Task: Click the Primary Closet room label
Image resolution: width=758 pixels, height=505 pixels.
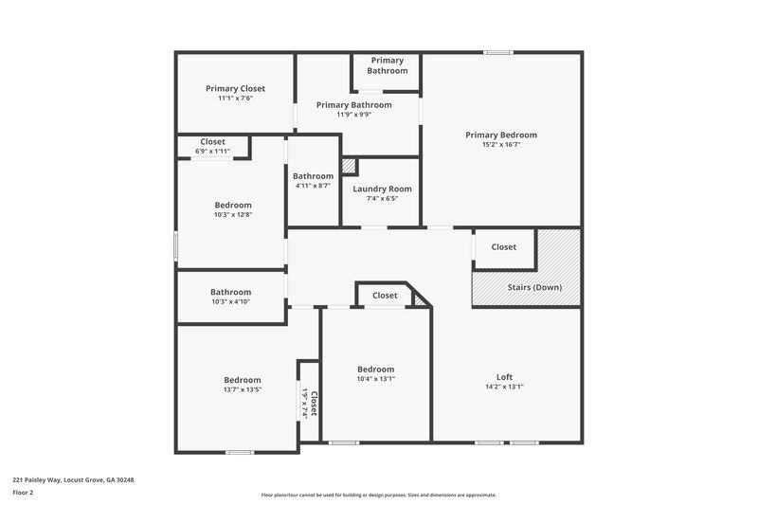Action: [x=235, y=88]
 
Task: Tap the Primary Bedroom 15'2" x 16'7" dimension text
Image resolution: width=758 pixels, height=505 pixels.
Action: [x=500, y=144]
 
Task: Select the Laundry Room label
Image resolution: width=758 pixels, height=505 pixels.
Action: [x=382, y=189]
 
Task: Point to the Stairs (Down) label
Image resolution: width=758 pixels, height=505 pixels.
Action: [x=533, y=287]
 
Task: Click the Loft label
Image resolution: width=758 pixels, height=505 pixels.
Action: [x=504, y=376]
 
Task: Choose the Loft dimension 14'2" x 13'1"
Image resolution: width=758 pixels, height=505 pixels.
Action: [x=504, y=387]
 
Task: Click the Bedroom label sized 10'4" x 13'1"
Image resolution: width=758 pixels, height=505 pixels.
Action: [x=375, y=369]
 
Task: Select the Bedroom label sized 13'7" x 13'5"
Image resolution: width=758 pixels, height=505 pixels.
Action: [x=242, y=380]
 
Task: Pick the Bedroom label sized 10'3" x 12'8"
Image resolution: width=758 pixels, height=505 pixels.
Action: [x=233, y=205]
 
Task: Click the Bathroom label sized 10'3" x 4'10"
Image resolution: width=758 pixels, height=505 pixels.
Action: [x=230, y=292]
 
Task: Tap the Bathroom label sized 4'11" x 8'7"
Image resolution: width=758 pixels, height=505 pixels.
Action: [x=313, y=175]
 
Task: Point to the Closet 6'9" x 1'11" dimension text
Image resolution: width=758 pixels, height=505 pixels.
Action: [x=212, y=151]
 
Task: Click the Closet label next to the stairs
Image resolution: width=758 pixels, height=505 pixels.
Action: [x=503, y=247]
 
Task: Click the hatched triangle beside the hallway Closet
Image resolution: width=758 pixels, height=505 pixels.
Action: [x=421, y=299]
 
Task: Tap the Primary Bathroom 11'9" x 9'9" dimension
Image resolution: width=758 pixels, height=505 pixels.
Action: [x=353, y=115]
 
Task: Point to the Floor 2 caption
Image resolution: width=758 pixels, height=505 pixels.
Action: [x=23, y=493]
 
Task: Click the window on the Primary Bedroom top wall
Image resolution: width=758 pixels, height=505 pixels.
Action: [x=497, y=52]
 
